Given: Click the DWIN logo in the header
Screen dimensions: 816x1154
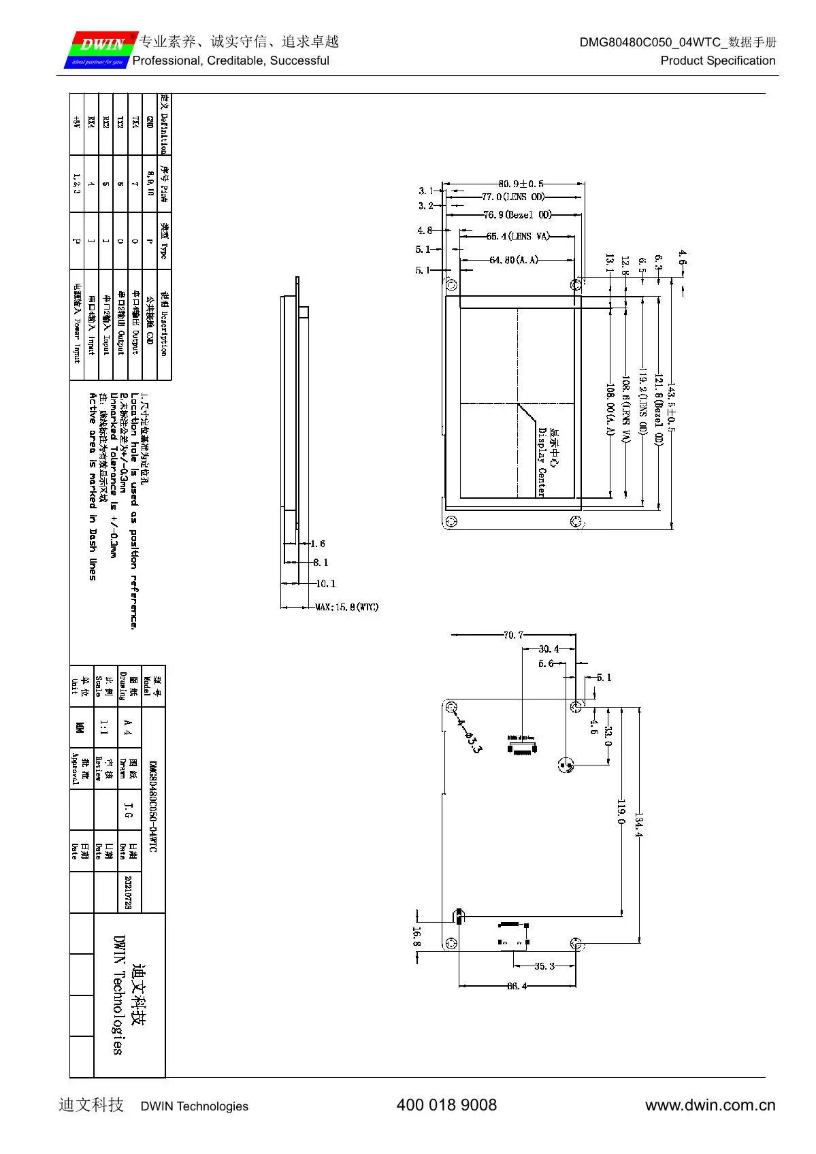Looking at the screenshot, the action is click(x=101, y=49).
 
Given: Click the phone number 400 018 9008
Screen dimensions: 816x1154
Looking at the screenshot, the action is click(x=446, y=1105).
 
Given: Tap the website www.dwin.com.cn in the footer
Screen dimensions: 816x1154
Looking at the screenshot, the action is click(x=710, y=1105).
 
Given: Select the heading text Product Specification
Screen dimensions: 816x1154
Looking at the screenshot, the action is click(x=717, y=61).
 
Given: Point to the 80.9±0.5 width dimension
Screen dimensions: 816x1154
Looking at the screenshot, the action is click(x=521, y=184).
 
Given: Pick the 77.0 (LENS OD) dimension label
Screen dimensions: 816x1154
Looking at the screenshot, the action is click(x=513, y=197).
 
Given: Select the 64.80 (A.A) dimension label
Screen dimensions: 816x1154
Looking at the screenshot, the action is click(x=513, y=260).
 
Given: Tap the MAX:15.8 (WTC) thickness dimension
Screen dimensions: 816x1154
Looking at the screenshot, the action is click(x=346, y=607).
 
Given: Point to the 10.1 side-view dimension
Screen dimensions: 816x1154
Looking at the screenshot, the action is click(x=325, y=584).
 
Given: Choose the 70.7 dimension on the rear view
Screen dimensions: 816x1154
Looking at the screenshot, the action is click(x=513, y=636).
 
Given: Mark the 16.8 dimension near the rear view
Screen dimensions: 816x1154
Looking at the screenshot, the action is click(x=417, y=937).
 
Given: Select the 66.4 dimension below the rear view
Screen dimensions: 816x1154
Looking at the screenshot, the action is click(x=517, y=986).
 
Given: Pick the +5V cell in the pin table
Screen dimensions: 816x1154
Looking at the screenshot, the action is click(x=76, y=122).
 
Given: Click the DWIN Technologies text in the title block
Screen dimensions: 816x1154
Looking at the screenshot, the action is click(x=118, y=995).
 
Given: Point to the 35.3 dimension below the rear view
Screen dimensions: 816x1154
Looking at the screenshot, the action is click(x=544, y=966).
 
